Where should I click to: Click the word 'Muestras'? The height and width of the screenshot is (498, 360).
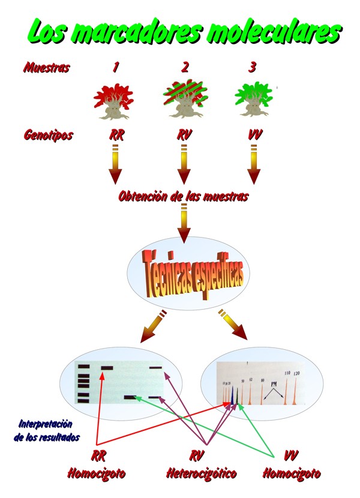46,67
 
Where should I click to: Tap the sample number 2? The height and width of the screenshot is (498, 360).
185,67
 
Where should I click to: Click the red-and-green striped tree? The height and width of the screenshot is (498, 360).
184,100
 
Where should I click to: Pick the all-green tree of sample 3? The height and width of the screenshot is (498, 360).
254,100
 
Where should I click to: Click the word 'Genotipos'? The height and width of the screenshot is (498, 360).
48,135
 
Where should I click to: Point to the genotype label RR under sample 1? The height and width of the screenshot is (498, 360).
116,135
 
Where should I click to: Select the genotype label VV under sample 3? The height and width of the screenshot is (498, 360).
254,135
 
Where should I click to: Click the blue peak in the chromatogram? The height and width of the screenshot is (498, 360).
231,396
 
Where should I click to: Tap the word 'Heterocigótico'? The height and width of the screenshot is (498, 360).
201,473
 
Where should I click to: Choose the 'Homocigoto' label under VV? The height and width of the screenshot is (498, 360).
291,473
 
